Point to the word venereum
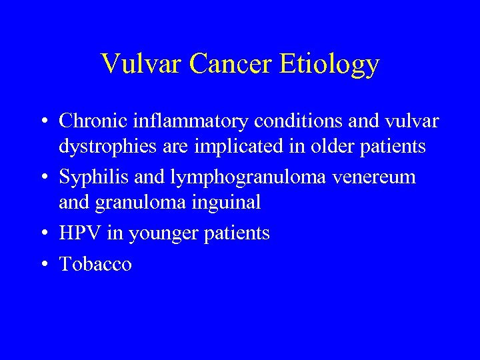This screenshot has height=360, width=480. point(381,177)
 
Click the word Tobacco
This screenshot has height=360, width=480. point(95,264)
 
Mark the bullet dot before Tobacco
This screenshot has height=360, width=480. point(43,265)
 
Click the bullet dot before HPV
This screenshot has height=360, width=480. point(43,234)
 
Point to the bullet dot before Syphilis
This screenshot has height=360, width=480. point(43,178)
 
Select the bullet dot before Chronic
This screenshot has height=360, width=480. point(43,122)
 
